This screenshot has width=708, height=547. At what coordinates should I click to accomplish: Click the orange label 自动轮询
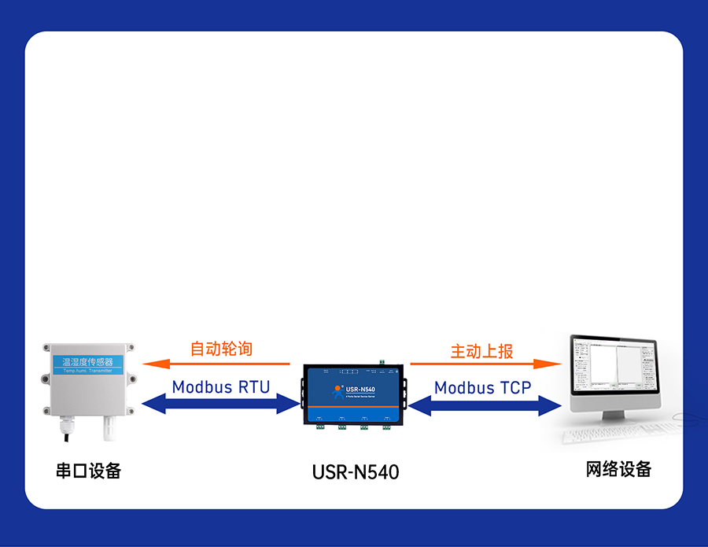[x=221, y=349]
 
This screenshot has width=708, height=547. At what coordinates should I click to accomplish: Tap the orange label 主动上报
[x=481, y=351]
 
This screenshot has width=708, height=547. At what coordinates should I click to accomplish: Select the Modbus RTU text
[x=220, y=386]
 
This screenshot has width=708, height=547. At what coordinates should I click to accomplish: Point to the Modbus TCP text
[x=482, y=387]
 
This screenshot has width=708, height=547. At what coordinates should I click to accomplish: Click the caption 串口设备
[x=89, y=471]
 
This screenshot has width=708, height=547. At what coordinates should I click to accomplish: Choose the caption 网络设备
[x=618, y=469]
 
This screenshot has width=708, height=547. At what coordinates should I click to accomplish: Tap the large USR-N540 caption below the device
[x=355, y=472]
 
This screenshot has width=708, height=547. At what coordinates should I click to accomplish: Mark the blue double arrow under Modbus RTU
[x=221, y=404]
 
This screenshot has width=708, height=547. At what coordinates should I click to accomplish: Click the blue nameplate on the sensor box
[x=87, y=363]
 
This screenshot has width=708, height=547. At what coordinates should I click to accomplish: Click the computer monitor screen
[x=614, y=370]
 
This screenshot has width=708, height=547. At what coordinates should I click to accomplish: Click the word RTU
[x=254, y=386]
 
